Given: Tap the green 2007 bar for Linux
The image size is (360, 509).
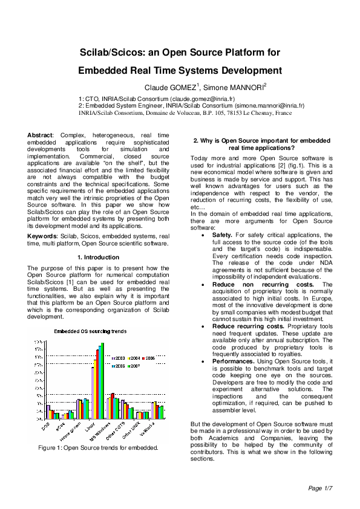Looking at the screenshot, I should (103, 381).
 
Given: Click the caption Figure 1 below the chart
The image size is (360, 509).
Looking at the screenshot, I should (98, 448).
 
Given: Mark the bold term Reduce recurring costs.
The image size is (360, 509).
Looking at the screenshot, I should (247, 326).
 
